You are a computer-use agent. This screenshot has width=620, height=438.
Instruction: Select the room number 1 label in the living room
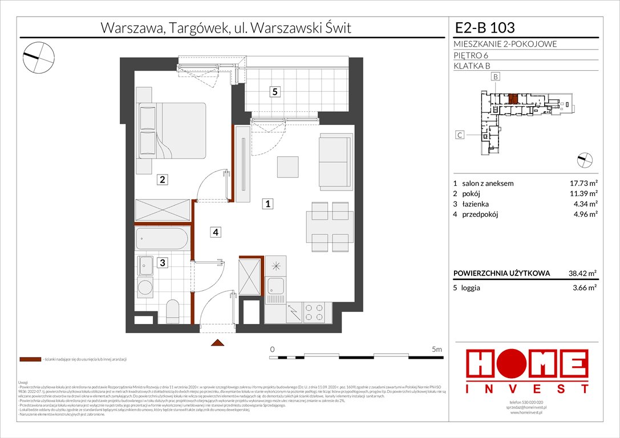click(x=268, y=203)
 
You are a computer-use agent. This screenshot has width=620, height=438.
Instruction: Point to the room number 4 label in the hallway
click(x=216, y=232)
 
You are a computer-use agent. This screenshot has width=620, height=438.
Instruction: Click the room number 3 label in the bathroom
click(x=163, y=263)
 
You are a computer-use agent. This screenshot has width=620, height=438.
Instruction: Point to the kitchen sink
click(x=275, y=287)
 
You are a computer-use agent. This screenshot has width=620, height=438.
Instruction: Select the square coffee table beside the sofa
click(x=287, y=167)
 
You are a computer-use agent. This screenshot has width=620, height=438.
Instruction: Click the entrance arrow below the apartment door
click(x=217, y=342)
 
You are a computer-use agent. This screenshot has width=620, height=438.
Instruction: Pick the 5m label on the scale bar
click(x=437, y=348)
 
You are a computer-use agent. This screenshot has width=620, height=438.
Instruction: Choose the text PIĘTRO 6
click(x=472, y=55)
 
